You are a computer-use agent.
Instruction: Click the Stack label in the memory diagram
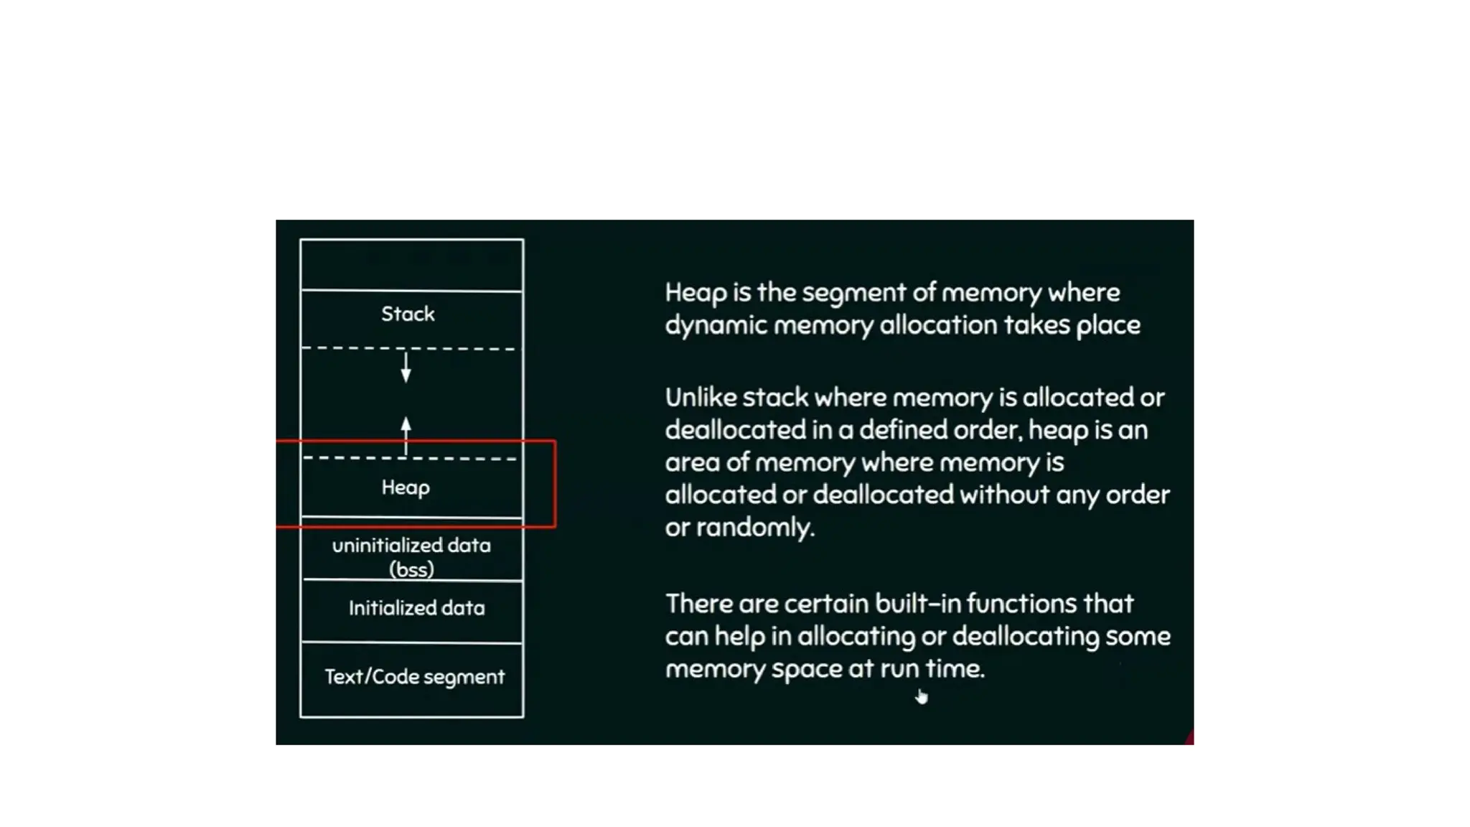[x=408, y=314]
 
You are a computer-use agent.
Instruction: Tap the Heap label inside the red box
[x=406, y=487]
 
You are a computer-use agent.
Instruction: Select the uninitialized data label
[x=411, y=546]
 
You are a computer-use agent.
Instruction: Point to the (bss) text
[x=411, y=569]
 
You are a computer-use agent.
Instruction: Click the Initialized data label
[x=416, y=608]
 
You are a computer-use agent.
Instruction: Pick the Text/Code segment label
[x=414, y=677]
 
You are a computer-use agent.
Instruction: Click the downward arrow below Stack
[x=406, y=367]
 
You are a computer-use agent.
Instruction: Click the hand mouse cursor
[x=922, y=696]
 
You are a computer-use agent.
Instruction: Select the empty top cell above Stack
[x=411, y=265]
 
